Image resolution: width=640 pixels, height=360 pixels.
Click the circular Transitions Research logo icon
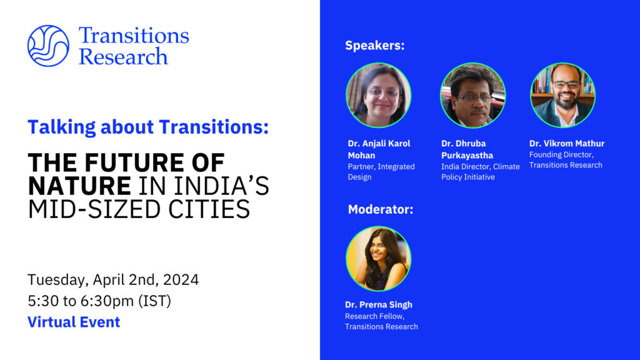point(48,46)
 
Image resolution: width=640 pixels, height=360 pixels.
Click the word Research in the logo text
point(123,57)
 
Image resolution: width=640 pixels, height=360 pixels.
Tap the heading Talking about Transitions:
point(148,127)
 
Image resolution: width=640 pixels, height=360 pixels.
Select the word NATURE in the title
point(79,186)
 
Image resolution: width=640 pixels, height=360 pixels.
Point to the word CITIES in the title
point(209,209)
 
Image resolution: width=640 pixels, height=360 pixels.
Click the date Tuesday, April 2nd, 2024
point(113,280)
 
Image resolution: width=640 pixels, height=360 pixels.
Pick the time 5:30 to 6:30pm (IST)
point(99,301)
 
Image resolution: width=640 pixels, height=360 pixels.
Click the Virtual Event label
point(74,322)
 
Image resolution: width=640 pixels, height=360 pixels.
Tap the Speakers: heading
point(375,45)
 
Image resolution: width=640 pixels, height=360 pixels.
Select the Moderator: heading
point(381,209)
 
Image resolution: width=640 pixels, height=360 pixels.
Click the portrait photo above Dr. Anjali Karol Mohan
point(378,95)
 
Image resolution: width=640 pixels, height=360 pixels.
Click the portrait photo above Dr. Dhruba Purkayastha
point(472,95)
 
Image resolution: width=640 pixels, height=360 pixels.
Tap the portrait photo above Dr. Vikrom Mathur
point(562,95)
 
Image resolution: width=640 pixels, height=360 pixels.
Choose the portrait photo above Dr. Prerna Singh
point(378,259)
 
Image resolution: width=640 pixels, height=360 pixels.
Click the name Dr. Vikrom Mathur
point(567,143)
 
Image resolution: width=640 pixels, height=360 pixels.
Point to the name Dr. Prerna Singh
point(378,304)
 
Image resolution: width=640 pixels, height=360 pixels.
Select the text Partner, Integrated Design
point(381,172)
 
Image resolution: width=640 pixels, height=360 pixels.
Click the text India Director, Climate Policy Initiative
point(481,172)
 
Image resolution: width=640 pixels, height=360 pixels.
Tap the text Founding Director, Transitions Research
point(566,160)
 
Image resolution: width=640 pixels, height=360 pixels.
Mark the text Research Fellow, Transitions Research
point(381,321)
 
